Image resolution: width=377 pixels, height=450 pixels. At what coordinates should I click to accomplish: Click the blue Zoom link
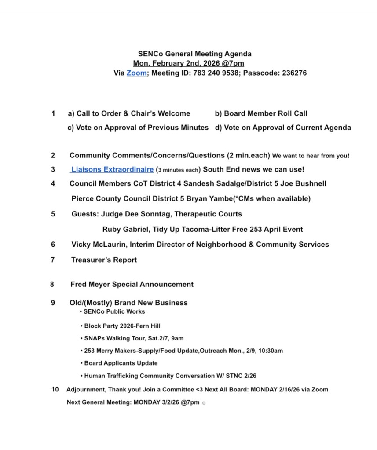tap(136, 73)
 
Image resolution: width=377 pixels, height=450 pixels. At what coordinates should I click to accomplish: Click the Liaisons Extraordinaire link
tap(112, 169)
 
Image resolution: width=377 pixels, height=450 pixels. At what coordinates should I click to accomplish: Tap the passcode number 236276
tap(290, 73)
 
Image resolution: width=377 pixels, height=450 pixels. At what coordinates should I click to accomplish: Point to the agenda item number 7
tap(53, 260)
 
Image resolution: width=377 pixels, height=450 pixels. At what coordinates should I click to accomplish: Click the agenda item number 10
tap(55, 389)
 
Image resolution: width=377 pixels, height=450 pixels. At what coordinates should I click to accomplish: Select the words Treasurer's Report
tap(104, 260)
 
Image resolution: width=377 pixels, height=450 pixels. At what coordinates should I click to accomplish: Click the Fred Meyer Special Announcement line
tap(132, 285)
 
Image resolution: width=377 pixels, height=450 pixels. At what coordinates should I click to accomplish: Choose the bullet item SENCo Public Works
tap(114, 311)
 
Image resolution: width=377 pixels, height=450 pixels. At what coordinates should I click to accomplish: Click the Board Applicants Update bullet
tap(121, 363)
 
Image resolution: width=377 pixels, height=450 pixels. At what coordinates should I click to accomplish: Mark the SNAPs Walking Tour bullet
tap(134, 339)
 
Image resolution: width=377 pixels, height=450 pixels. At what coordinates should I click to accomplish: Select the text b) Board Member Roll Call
tap(261, 113)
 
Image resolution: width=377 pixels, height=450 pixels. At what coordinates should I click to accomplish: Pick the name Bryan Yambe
tap(193, 199)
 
